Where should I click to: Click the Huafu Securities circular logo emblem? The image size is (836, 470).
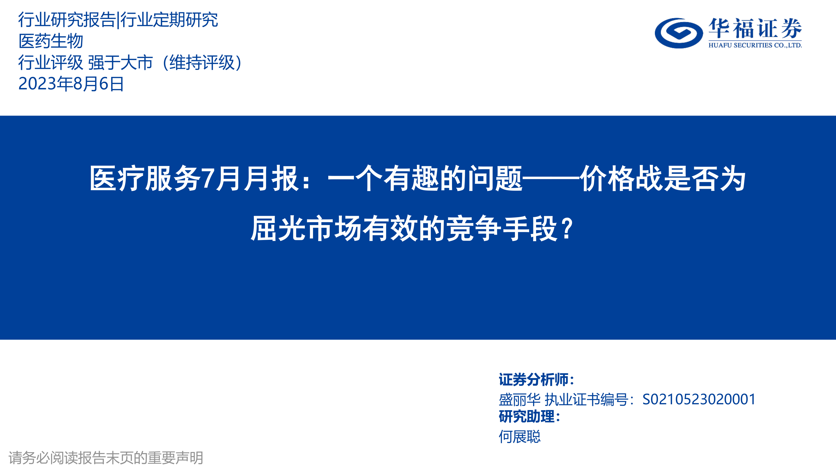(679, 33)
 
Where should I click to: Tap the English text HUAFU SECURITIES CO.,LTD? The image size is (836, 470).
(755, 45)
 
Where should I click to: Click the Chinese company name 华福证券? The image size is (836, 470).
(755, 28)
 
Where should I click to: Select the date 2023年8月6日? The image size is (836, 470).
(71, 84)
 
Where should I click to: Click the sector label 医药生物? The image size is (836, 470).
(51, 41)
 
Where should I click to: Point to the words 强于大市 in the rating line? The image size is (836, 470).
(120, 62)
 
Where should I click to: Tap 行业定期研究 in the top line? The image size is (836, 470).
(169, 19)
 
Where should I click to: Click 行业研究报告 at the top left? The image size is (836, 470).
(67, 19)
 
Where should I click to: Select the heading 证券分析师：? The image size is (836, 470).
(537, 380)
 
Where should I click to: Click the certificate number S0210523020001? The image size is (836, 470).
(699, 399)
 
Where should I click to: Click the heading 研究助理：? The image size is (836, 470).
(530, 417)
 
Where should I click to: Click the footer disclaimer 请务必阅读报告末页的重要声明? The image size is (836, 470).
(106, 458)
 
